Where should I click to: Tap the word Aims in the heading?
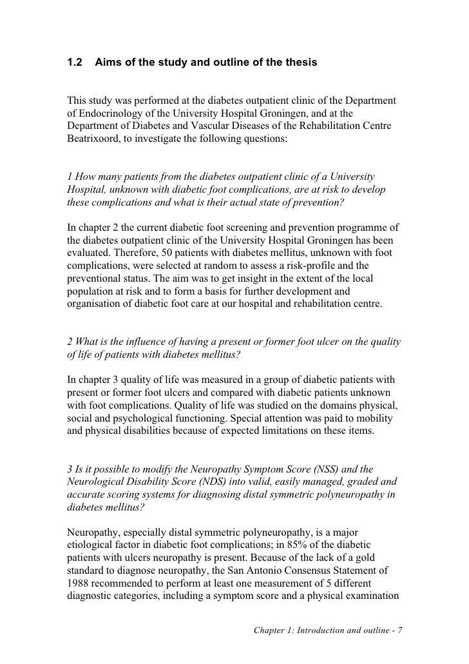(109, 63)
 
